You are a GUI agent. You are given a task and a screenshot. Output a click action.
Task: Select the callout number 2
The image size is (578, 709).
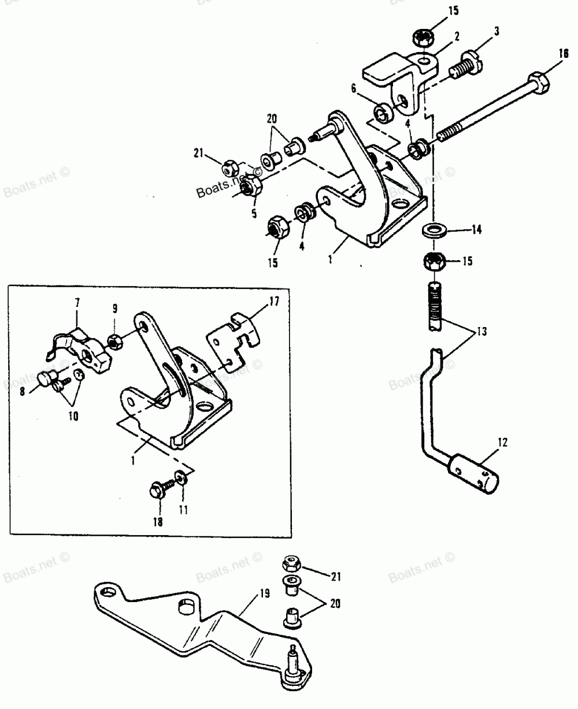457,36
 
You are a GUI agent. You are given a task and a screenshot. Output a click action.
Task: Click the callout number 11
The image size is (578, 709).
184,510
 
